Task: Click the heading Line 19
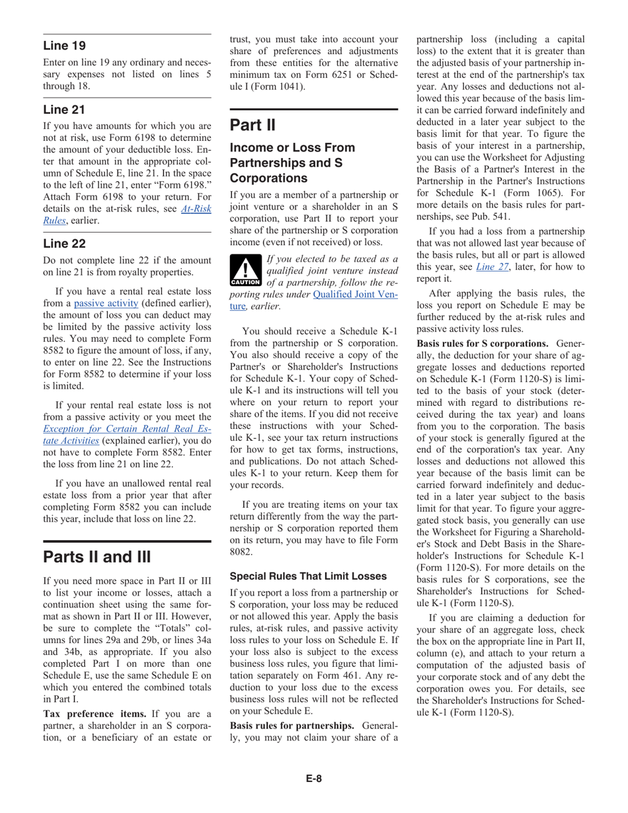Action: click(x=64, y=46)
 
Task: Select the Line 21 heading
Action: click(x=63, y=108)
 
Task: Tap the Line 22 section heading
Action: click(x=64, y=243)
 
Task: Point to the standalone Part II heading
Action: click(x=252, y=124)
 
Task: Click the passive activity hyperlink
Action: click(x=106, y=303)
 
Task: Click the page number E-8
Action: click(x=314, y=778)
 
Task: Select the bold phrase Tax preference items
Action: click(x=95, y=713)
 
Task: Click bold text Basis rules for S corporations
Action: click(x=483, y=344)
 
